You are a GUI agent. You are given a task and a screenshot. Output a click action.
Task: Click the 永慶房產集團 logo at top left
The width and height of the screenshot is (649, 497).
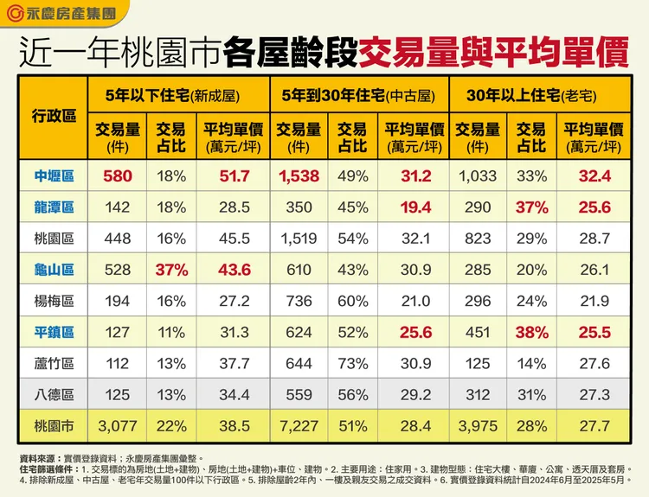[60, 14]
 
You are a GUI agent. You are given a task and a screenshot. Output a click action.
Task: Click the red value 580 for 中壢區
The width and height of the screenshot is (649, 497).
[117, 176]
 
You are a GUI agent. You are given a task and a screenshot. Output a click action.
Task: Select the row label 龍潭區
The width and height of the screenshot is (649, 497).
[54, 207]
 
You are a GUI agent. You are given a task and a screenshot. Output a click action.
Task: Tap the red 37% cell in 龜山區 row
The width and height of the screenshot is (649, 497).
[170, 270]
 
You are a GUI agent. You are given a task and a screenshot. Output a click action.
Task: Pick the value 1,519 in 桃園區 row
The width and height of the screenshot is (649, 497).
[299, 239]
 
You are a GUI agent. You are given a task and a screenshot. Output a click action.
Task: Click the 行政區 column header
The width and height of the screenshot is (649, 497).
[54, 116]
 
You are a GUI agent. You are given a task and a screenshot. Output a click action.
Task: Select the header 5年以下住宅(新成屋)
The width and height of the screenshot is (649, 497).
[179, 95]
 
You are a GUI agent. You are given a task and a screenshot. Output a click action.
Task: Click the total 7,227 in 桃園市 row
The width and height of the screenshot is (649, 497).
[299, 426]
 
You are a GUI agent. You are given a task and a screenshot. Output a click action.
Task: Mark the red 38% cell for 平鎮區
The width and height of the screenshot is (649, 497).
[530, 333]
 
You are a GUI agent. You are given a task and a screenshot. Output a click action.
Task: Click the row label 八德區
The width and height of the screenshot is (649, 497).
[54, 395]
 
